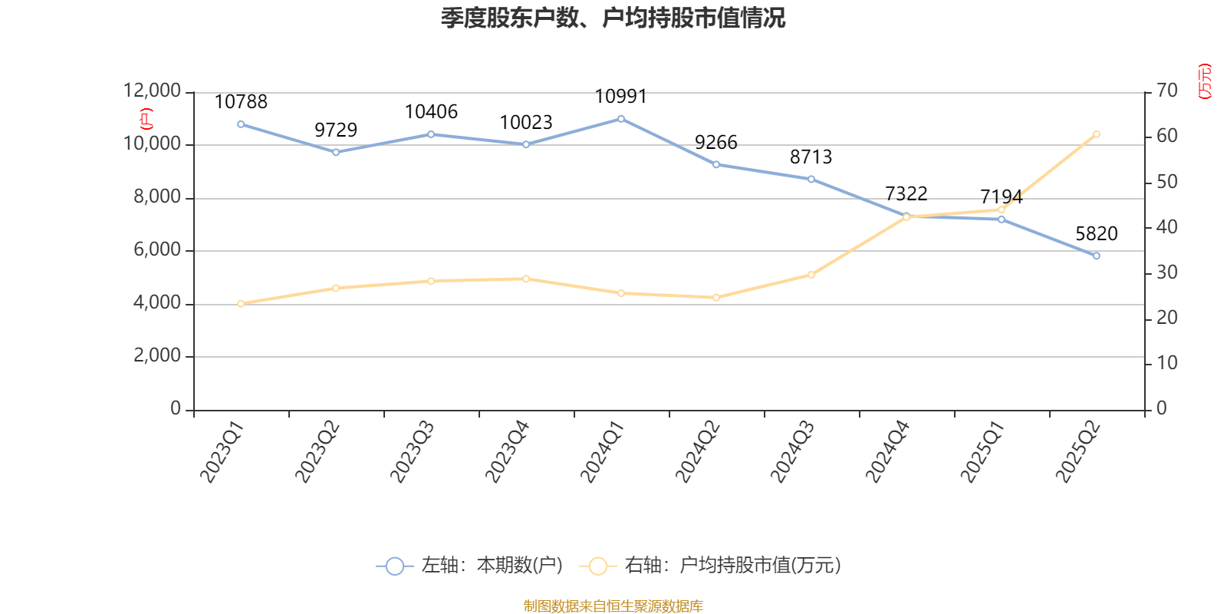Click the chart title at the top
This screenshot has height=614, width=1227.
click(x=613, y=18)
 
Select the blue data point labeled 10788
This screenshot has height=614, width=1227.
click(x=241, y=124)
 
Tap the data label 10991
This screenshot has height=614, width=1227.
click(x=621, y=97)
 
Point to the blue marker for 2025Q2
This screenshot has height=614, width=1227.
click(x=1096, y=256)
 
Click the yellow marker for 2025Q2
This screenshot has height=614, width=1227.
click(x=1096, y=134)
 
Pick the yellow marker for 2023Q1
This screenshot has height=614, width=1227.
click(x=241, y=304)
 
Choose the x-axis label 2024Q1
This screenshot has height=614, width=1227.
click(x=602, y=451)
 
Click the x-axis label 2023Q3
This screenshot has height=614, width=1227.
click(x=412, y=451)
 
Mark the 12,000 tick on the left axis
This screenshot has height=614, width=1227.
click(x=152, y=91)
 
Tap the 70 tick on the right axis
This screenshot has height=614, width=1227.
click(x=1166, y=91)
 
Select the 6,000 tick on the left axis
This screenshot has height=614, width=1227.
click(x=156, y=250)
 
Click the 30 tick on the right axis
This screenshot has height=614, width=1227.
click(x=1166, y=273)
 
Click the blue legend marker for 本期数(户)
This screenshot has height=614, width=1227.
click(x=394, y=566)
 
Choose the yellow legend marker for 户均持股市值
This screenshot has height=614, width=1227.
click(x=597, y=566)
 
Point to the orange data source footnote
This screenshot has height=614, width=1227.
click(x=613, y=606)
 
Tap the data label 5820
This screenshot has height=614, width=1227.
click(x=1096, y=234)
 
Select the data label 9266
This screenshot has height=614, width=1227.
click(x=715, y=143)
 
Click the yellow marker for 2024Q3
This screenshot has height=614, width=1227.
click(x=811, y=275)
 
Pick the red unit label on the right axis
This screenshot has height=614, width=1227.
click(x=1205, y=81)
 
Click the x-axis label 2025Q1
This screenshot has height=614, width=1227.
click(x=982, y=451)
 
